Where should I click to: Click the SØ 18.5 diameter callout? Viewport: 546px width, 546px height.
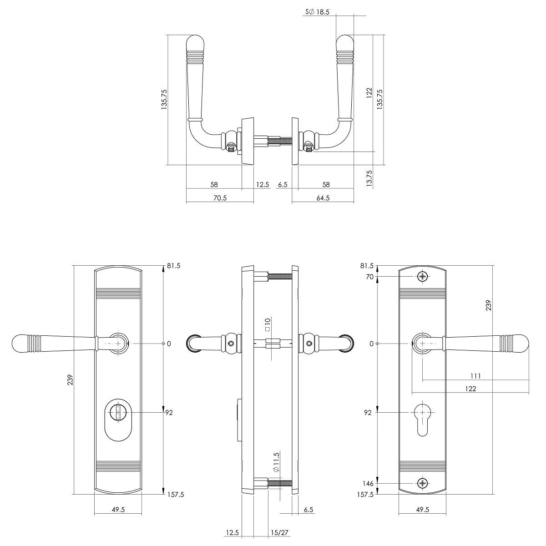(317, 12)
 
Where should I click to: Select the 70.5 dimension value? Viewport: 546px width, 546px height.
(220, 198)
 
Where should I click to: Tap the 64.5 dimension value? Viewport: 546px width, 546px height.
(323, 198)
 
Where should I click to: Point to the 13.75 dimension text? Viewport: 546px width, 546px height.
(369, 178)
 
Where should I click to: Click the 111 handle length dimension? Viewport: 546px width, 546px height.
(475, 376)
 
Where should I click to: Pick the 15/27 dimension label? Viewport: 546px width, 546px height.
(279, 533)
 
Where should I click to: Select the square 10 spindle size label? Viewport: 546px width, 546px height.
(268, 325)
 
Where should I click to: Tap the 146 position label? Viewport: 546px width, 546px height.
(368, 483)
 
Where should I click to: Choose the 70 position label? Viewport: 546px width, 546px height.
(370, 277)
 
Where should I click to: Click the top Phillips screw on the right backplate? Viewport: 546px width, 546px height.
(422, 277)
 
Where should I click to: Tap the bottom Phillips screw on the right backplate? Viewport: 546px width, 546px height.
(422, 483)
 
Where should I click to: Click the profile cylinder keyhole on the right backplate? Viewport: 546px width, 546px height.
(422, 421)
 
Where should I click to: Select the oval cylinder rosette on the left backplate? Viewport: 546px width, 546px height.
(118, 420)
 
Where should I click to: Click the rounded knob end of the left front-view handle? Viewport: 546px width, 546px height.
(20, 344)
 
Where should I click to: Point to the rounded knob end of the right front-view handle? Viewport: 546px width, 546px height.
(521, 344)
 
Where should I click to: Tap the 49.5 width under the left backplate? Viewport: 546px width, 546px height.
(118, 510)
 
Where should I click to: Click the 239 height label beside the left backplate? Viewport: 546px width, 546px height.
(70, 380)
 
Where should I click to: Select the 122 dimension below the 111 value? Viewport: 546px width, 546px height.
(470, 389)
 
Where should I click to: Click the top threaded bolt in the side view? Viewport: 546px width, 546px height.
(279, 277)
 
